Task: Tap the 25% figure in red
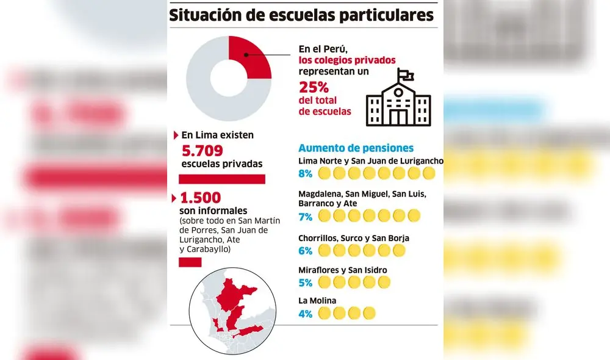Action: coord(314,88)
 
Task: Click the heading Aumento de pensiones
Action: coord(356,148)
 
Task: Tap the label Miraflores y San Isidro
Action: coord(342,270)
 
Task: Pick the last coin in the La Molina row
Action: coord(368,314)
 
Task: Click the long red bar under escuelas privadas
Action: coord(221,179)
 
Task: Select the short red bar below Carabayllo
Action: coord(190,262)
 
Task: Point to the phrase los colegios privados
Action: coord(346,60)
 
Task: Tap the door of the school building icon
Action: coord(398,117)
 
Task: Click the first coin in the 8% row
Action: coord(325,174)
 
